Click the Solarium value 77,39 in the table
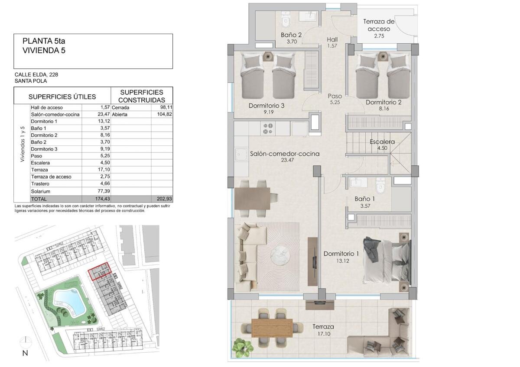click(104, 191)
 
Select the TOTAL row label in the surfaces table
click(39, 199)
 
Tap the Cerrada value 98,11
click(166, 107)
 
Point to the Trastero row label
click(40, 183)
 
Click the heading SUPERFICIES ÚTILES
click(62, 97)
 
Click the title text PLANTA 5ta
click(44, 41)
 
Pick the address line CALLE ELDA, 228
click(36, 74)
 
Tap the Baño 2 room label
click(291, 35)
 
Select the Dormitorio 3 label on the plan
click(266, 106)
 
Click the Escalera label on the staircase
click(382, 142)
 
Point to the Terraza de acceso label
click(379, 25)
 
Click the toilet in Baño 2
click(286, 19)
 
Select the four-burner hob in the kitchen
click(268, 129)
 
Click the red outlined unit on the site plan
click(100, 271)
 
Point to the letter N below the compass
click(25, 353)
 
